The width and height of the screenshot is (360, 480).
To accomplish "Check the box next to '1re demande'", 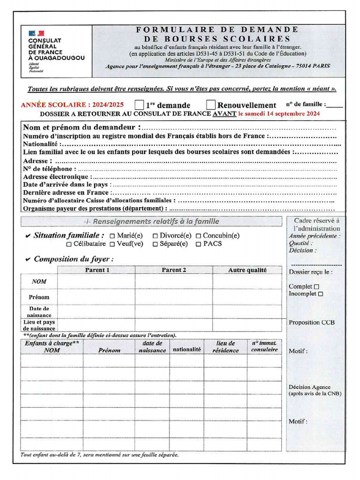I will point(139,105).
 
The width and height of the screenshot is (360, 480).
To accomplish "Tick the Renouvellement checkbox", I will point(211,105).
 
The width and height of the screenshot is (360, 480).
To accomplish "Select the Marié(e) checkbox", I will point(112,236).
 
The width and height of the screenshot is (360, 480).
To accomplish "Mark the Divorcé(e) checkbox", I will point(155,236).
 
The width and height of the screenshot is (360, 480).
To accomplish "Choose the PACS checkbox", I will point(198,244).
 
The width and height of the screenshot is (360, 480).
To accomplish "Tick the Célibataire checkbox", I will point(69,244).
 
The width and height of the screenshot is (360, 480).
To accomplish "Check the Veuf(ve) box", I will point(112,244).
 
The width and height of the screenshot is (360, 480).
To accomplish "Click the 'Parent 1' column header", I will point(97,270).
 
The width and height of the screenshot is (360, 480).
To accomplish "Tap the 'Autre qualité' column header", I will point(247,270).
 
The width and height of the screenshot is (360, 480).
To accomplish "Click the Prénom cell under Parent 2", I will point(173,297).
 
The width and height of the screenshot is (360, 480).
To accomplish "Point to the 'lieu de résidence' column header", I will point(225,347).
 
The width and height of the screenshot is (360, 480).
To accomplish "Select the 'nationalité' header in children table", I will point(187,349).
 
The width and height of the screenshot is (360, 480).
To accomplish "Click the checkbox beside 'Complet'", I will point(316,286).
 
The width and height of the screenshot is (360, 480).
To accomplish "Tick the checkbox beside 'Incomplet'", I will point(321,294).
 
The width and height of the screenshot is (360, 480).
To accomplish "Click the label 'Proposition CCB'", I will point(312,322).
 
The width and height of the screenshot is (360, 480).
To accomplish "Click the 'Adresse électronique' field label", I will point(56,177).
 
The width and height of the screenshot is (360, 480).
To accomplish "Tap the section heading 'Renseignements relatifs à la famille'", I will point(153,221).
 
